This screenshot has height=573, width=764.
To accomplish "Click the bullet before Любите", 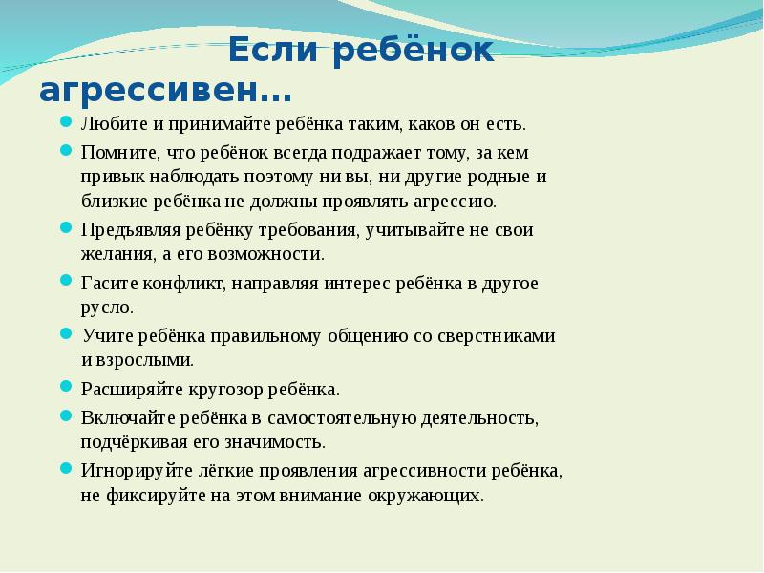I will coord(65,123).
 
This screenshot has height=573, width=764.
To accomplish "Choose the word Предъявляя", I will coord(125,230).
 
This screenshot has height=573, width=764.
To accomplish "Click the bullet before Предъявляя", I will coord(65,229).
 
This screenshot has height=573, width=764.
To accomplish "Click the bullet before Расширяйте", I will coord(65,388).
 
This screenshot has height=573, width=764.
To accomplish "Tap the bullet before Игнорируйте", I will coord(65,469).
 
